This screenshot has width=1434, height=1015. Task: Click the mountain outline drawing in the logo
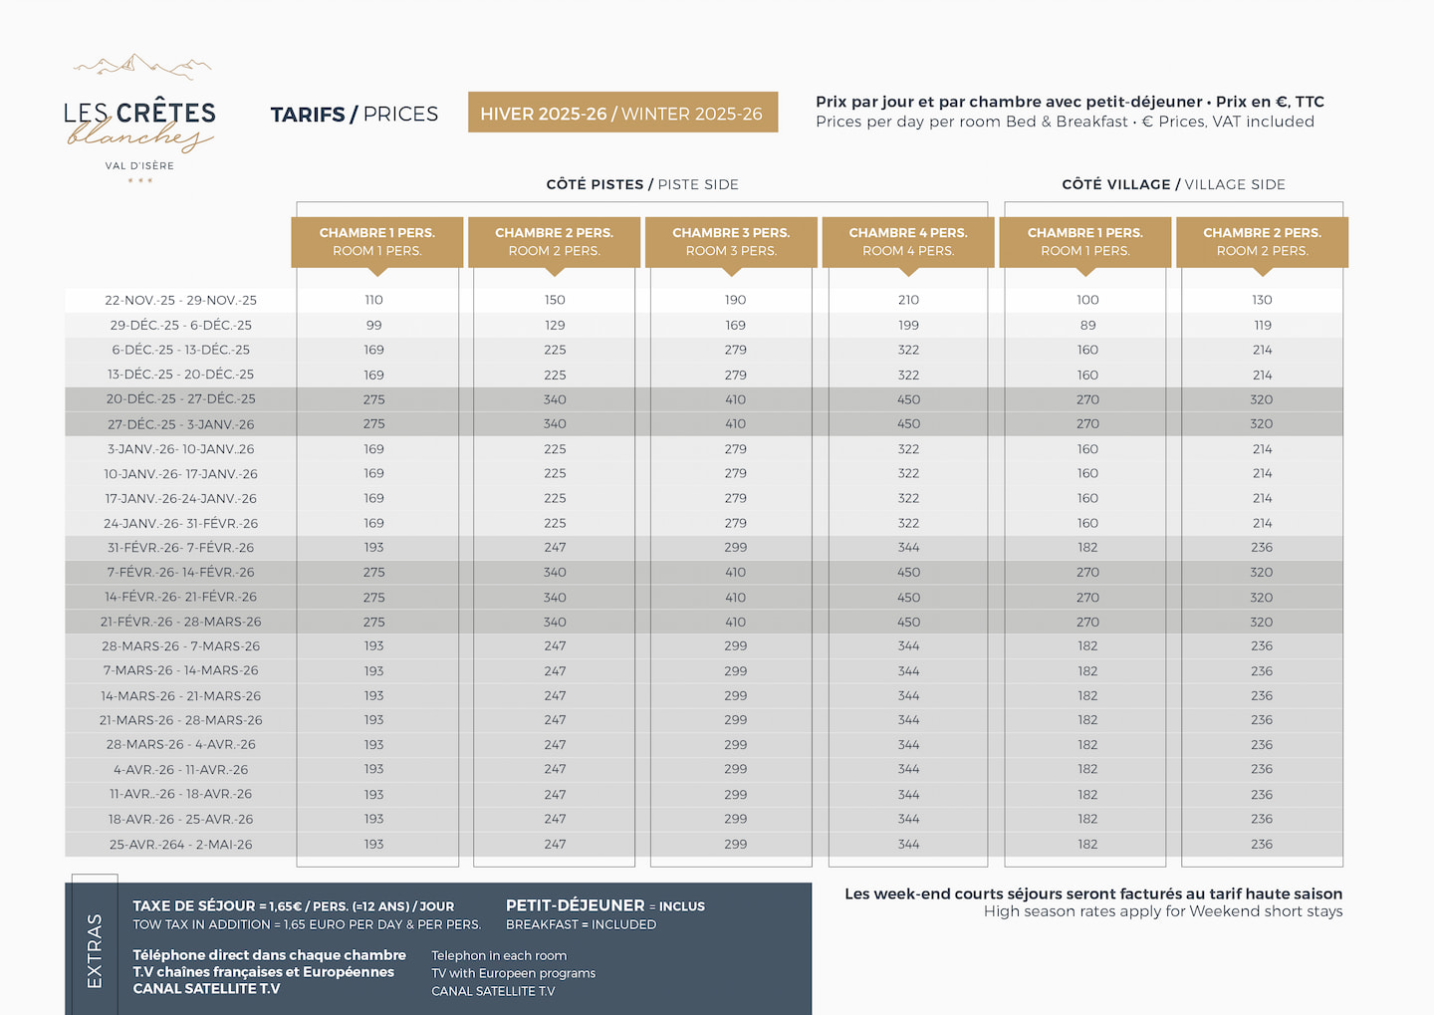tap(141, 67)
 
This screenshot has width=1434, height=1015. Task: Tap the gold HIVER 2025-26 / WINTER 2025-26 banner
tap(621, 114)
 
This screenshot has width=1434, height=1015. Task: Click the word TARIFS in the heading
tap(307, 115)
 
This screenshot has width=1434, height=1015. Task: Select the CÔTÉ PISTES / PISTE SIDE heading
tap(642, 184)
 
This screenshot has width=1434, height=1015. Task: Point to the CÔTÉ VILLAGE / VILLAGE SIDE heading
tap(1173, 184)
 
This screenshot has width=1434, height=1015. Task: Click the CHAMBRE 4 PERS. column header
tap(908, 242)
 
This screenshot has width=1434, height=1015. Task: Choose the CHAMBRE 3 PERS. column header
tap(731, 242)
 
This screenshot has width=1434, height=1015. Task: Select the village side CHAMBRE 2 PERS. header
tap(1262, 242)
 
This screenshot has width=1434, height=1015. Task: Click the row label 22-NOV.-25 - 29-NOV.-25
tap(180, 300)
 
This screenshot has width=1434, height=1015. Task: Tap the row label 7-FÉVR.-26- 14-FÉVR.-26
tap(180, 573)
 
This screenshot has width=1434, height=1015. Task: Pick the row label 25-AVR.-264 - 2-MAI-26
tap(180, 845)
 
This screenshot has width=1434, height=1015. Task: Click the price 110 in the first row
tap(373, 300)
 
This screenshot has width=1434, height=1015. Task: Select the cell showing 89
tap(1087, 326)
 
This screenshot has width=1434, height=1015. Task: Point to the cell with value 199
tap(908, 326)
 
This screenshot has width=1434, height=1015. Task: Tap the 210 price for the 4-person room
tap(908, 300)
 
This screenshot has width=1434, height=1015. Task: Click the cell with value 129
tap(555, 326)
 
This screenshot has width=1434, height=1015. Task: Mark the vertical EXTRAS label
tap(95, 950)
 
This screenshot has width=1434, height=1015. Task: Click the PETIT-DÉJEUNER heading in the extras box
tap(575, 905)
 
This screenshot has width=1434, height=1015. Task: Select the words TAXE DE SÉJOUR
tap(194, 906)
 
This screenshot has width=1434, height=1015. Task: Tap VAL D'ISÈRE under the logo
tap(139, 166)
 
